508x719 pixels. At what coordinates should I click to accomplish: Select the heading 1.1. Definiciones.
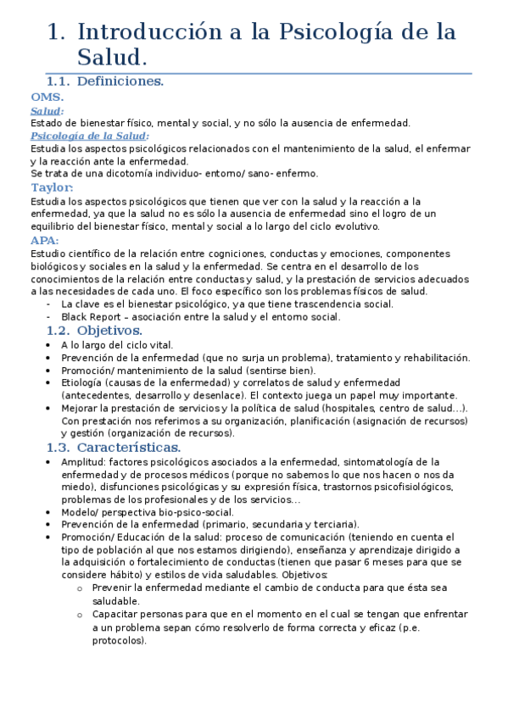point(104,81)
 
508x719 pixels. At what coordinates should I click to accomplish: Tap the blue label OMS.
point(47,98)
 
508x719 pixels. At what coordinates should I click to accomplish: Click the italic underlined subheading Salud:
point(47,110)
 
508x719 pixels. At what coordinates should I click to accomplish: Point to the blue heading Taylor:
point(52,187)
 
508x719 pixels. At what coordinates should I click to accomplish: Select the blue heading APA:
point(44,240)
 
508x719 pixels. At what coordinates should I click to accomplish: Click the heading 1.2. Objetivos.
point(94,330)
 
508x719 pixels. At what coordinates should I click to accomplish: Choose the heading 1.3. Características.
point(113,447)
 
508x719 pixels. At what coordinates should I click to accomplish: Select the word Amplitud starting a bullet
point(83,462)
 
